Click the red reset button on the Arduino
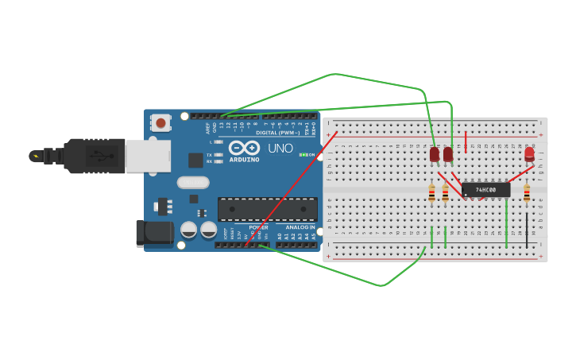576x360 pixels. point(161,123)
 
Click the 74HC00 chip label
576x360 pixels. point(485,190)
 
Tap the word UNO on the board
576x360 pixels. point(280,148)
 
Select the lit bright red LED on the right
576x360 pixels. point(529,154)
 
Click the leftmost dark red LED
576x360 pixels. point(435,154)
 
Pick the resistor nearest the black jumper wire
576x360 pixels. point(527,192)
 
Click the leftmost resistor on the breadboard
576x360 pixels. point(432,192)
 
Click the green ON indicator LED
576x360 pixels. point(303,154)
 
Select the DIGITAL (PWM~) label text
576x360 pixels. point(277,133)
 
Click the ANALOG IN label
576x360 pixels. point(295,227)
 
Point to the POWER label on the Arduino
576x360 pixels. point(258,227)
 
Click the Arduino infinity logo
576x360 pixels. point(245,147)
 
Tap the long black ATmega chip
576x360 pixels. point(267,208)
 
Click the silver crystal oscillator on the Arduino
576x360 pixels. point(193,182)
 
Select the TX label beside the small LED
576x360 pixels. point(209,154)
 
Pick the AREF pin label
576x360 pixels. point(207,126)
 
